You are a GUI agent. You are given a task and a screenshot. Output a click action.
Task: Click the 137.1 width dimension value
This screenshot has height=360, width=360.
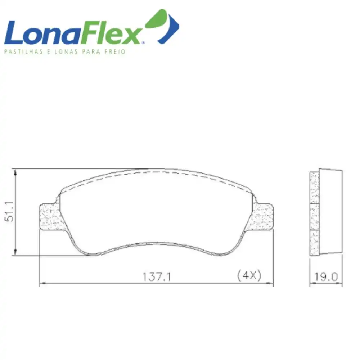pos(157,277)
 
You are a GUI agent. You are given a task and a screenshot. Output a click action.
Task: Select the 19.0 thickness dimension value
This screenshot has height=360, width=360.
pos(326,277)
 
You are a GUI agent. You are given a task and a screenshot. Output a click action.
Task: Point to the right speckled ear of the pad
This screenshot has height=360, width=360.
pos(262,217)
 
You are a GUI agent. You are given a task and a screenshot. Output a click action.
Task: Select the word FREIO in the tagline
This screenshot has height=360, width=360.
pos(115,52)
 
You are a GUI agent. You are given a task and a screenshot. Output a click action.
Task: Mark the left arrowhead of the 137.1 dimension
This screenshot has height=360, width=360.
pos(42,284)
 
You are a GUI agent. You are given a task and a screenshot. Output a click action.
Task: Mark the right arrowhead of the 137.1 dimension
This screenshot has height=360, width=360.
pos(270,284)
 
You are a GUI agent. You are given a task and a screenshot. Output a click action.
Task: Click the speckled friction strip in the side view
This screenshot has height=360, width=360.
pos(314,214)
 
